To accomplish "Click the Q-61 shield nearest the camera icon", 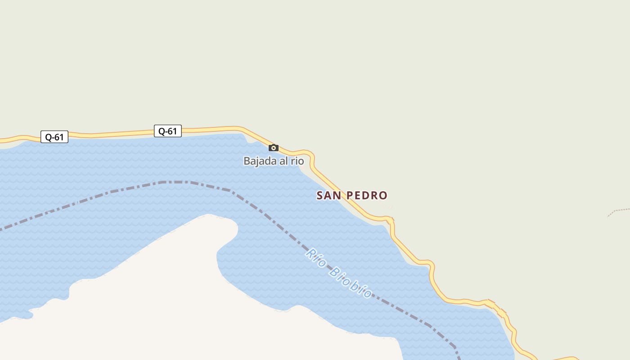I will tap(167, 131).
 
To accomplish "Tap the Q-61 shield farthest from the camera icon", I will tap(54, 137).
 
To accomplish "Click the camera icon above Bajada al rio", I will tap(274, 148).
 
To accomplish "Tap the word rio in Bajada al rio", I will tap(297, 161).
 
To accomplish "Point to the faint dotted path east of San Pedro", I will tap(619, 211).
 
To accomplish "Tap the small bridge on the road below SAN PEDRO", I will tap(391, 220).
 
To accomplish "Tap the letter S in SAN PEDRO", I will tap(320, 195).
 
